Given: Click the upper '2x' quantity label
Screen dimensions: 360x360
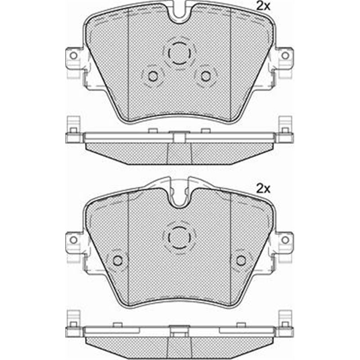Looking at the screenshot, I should coord(262,6).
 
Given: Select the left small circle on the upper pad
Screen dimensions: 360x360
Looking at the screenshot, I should coord(153,76).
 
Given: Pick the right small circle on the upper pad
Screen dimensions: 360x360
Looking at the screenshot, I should coord(206,76).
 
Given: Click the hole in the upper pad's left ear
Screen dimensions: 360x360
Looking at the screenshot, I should coord(73,55).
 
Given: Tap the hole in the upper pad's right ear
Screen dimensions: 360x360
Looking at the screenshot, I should coord(285,55).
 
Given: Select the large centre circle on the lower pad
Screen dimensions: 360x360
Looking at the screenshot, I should coord(179,235).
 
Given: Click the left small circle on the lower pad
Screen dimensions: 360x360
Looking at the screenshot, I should coord(118,260).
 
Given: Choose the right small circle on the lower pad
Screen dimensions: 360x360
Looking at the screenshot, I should coord(241,260).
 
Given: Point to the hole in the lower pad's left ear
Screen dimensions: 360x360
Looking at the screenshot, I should coord(73,240).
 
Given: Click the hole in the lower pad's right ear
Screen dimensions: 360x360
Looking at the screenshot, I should coord(285,240).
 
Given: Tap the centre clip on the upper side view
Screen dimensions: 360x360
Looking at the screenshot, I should coord(179,136).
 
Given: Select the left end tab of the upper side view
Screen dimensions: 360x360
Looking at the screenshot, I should coord(72,130).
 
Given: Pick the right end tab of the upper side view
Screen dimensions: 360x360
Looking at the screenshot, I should coord(285,130).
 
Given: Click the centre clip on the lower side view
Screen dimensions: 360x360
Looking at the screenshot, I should coord(179,329).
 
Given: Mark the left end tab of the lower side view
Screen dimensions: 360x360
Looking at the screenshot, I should coord(72,323).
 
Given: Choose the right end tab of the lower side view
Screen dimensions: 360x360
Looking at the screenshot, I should coord(285,323).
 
